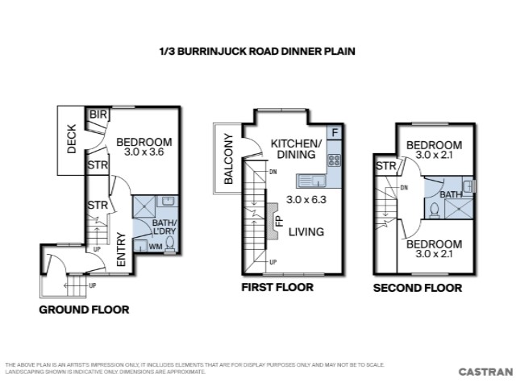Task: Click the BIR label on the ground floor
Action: [x=98, y=114]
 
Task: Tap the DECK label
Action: [x=72, y=139]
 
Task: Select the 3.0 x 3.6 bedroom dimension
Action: [x=144, y=152]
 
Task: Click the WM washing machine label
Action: [x=156, y=246]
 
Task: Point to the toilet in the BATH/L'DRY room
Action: [x=170, y=243]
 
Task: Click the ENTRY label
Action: [x=121, y=249]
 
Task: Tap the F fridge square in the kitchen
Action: [x=335, y=133]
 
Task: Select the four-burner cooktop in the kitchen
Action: [x=335, y=160]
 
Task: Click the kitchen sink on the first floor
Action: [x=311, y=181]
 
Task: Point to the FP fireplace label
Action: [x=280, y=221]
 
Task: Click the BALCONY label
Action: [x=228, y=159]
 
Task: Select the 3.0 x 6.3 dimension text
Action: [x=306, y=199]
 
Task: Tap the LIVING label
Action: [x=306, y=232]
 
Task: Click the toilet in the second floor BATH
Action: [x=435, y=210]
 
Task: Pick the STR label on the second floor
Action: [x=386, y=166]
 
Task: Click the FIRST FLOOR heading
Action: [x=277, y=287]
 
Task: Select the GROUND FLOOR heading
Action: [x=84, y=310]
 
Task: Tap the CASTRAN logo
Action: [x=485, y=372]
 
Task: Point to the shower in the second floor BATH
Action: [x=459, y=209]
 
